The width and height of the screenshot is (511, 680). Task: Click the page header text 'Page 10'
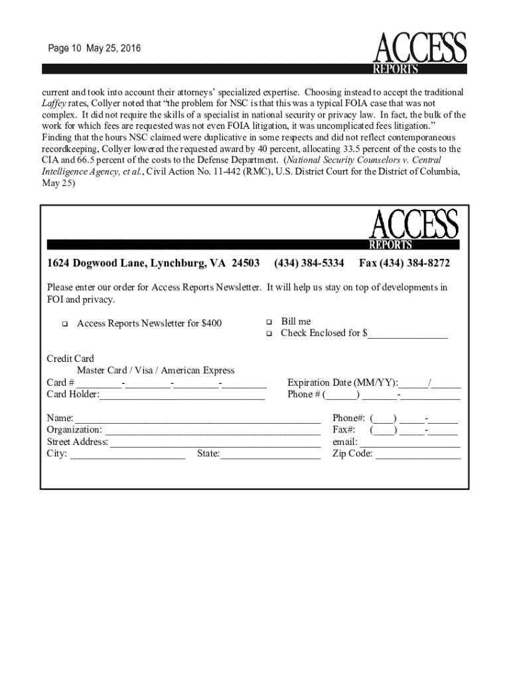[63, 49]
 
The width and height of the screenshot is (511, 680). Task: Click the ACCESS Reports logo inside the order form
[413, 228]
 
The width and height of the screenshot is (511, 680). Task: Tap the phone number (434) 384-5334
[309, 264]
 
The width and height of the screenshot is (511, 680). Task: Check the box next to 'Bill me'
[269, 322]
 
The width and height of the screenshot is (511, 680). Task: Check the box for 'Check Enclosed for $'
[269, 334]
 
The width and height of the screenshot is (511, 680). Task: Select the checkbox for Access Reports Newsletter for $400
[65, 324]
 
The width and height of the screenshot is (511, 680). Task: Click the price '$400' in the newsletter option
[210, 323]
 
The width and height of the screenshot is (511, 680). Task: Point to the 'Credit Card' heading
[70, 359]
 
